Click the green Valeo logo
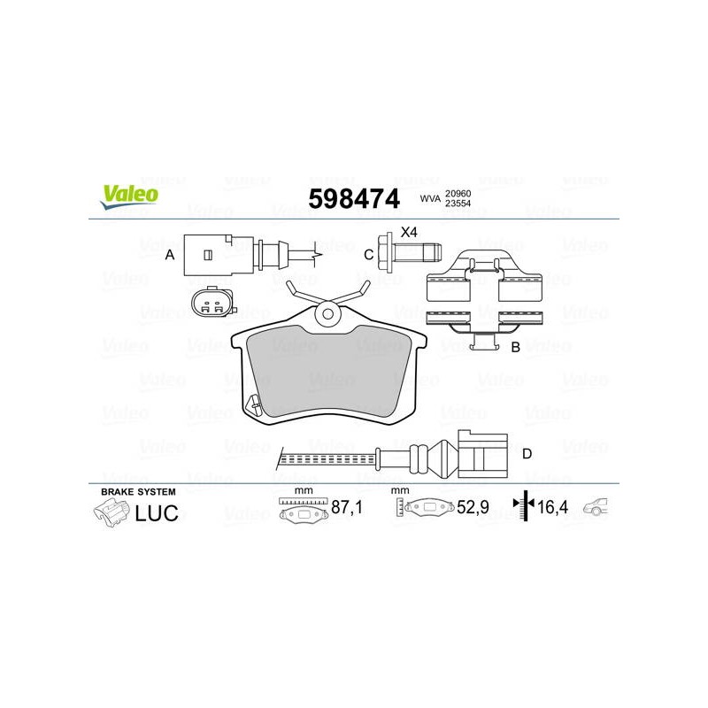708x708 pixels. pos(129,197)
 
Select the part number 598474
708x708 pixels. pos(354,198)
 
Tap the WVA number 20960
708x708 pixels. pos(458,193)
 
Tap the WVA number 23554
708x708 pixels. pos(458,204)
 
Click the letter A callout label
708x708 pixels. pos(170,255)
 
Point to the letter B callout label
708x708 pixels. pos(515,347)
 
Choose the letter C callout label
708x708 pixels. pos(369,255)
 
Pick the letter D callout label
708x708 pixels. pos(527,453)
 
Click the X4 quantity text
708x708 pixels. pos(409,233)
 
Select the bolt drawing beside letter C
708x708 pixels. pos(409,253)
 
